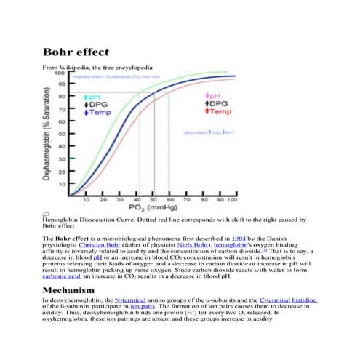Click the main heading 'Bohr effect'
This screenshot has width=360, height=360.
[x=76, y=52]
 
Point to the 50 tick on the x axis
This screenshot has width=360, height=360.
[x=153, y=199]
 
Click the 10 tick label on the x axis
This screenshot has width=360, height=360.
[x=87, y=199]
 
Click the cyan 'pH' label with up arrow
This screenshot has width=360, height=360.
[x=96, y=96]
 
